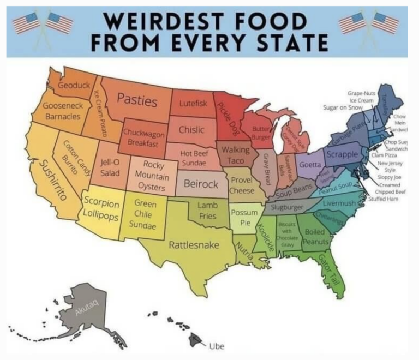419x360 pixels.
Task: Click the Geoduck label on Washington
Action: pyautogui.click(x=74, y=86)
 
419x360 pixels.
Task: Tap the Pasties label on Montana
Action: pyautogui.click(x=137, y=100)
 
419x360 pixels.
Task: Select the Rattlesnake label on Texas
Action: pyautogui.click(x=194, y=245)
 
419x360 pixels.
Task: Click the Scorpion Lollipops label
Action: pyautogui.click(x=101, y=209)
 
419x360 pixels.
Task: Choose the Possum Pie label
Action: pyautogui.click(x=240, y=218)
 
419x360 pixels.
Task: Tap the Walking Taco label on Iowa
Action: pyautogui.click(x=236, y=154)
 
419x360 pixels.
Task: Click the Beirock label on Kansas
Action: pyautogui.click(x=201, y=184)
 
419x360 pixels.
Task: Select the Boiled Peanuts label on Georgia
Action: pyautogui.click(x=315, y=237)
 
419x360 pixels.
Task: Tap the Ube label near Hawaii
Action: pyautogui.click(x=217, y=346)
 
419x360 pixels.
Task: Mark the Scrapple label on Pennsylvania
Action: pyautogui.click(x=342, y=154)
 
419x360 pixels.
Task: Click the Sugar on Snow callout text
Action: pyautogui.click(x=343, y=107)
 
